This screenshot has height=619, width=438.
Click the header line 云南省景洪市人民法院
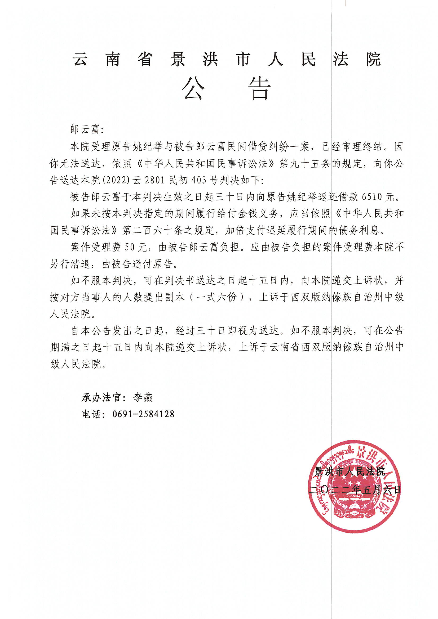227,59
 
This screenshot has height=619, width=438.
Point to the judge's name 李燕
143,397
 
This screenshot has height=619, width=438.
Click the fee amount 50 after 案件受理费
130,247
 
